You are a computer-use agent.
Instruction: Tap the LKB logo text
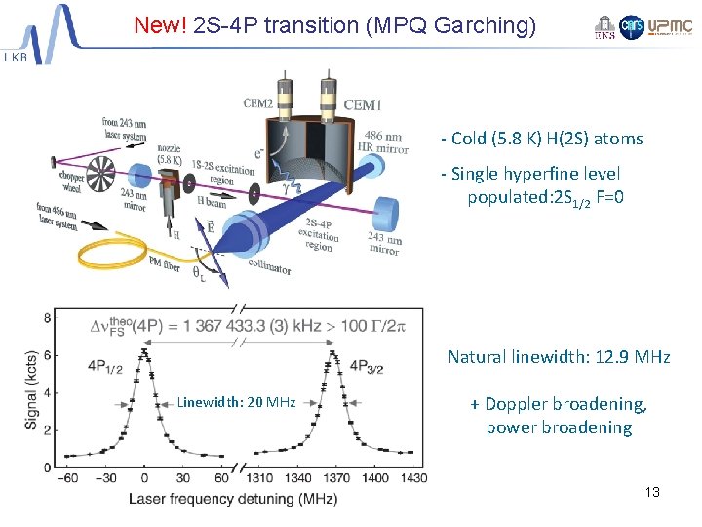[17, 58]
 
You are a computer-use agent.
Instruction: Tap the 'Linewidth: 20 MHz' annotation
[236, 402]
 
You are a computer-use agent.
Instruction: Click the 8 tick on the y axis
[48, 318]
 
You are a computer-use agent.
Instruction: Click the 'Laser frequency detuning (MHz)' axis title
[234, 499]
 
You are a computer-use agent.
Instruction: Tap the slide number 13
[652, 492]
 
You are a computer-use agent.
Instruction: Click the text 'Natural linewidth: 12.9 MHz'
[559, 357]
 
